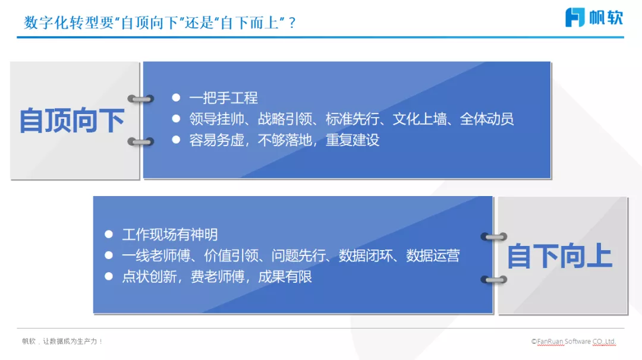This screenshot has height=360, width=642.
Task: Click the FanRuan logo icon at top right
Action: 575,17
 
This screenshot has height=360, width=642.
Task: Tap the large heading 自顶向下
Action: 72,121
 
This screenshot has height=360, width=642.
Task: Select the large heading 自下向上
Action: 559,257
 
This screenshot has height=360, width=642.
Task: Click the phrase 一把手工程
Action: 224,98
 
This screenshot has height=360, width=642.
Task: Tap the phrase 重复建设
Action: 353,140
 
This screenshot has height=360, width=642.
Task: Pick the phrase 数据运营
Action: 433,256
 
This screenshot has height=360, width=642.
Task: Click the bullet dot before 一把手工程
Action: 176,97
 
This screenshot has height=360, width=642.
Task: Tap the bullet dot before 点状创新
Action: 109,276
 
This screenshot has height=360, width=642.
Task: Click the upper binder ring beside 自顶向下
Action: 141,99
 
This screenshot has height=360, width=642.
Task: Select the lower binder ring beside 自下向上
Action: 493,279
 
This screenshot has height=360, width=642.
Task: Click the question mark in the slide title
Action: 292,23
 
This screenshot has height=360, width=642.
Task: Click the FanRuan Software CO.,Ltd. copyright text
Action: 574,342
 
